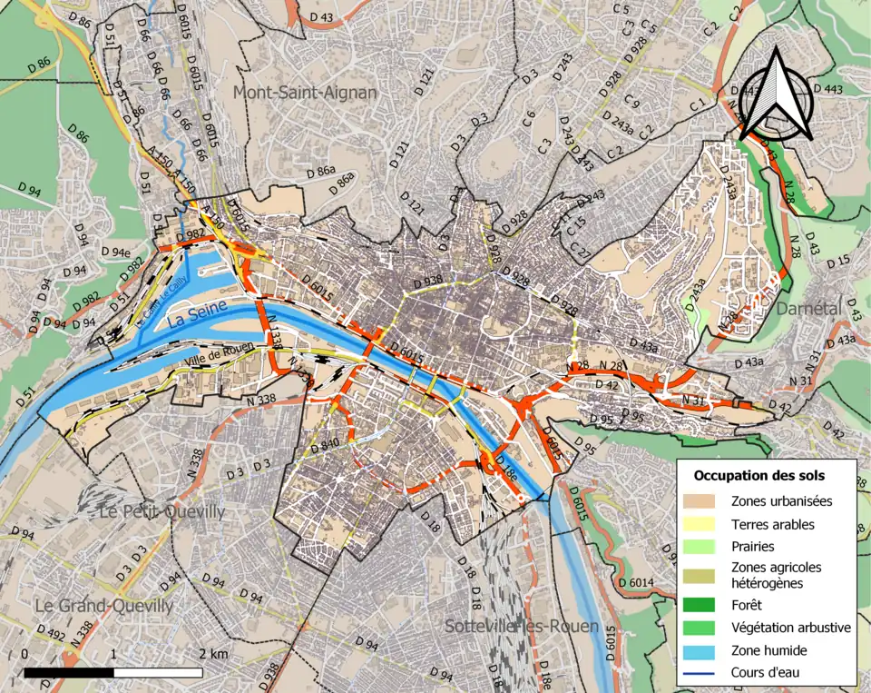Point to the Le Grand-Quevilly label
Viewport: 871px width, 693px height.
tap(103, 605)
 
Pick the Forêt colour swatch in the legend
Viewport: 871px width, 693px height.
tap(704, 605)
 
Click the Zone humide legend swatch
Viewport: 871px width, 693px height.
tap(704, 650)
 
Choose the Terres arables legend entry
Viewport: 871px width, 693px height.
tap(772, 524)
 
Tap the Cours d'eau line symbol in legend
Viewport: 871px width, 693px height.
tap(704, 673)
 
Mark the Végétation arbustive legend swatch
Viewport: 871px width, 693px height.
tap(704, 628)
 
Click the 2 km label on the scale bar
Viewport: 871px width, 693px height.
tap(213, 654)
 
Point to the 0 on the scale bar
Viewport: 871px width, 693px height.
tap(24, 654)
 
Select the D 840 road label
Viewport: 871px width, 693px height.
tap(325, 444)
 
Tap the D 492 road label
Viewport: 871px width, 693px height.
tap(51, 633)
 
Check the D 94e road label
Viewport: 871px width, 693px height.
tap(115, 252)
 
